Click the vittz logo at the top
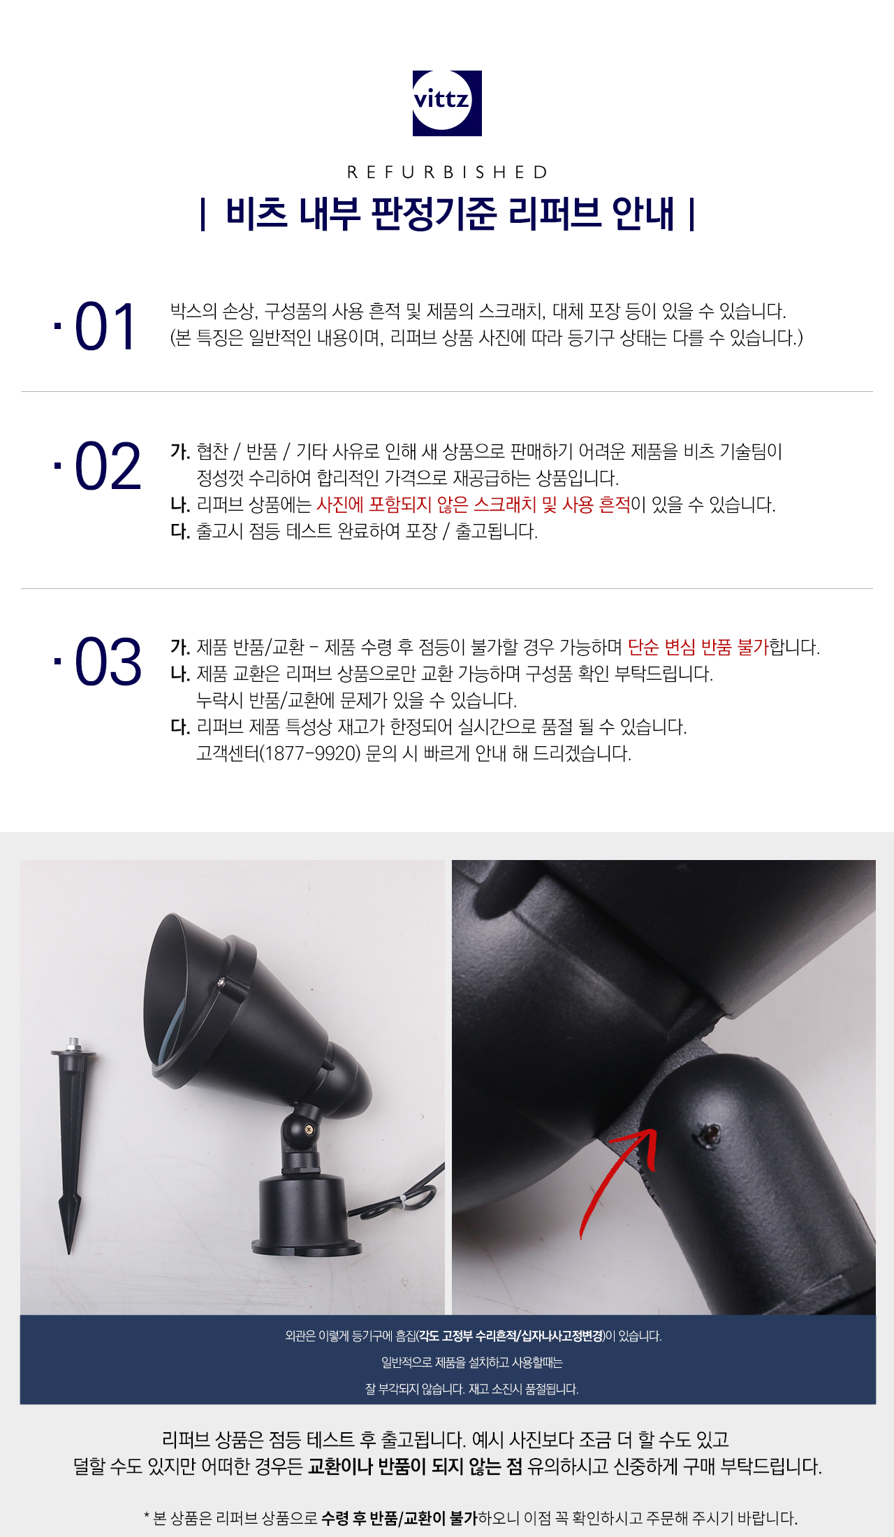[x=447, y=103]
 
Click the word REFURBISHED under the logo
[x=448, y=173]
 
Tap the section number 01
[x=105, y=327]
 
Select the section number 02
[x=108, y=467]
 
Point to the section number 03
[x=108, y=662]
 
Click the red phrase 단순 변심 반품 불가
[x=698, y=647]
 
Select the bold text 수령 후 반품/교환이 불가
[x=399, y=1517]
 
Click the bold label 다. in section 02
[x=180, y=531]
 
